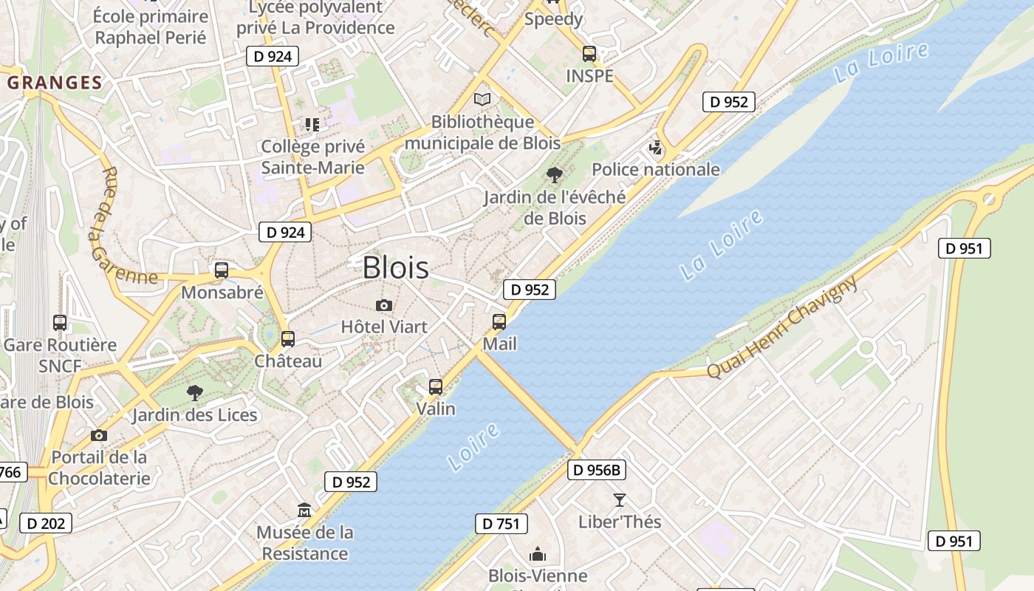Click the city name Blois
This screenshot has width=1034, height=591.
[x=395, y=267]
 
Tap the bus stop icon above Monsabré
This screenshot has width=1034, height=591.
[x=222, y=270]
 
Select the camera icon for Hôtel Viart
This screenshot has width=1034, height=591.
[x=383, y=305]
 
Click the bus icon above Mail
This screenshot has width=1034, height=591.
[x=499, y=322]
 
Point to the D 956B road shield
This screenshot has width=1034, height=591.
[x=597, y=469]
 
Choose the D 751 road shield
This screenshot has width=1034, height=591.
[x=501, y=524]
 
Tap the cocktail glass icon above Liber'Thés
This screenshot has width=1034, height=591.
[x=619, y=500]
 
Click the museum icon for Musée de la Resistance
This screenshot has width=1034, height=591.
[x=304, y=510]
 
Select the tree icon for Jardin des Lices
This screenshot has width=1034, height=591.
[x=195, y=392]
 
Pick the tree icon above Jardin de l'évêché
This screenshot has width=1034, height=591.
[x=554, y=175]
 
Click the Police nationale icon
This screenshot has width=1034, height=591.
[x=655, y=148]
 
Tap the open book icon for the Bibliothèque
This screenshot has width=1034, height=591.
[x=482, y=99]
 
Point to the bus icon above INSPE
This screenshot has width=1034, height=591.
[x=589, y=54]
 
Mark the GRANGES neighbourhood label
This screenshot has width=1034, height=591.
[x=55, y=83]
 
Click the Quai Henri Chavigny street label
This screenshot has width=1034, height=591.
[x=783, y=327]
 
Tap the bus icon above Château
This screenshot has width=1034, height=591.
[x=288, y=339]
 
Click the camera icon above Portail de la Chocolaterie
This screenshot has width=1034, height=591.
[x=98, y=435]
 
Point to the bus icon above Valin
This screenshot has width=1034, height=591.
[x=436, y=387]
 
